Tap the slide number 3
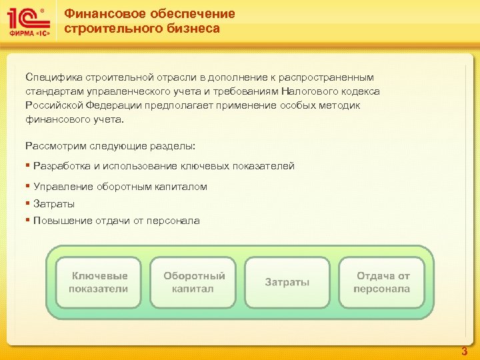click(x=465, y=351)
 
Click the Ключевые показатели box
click(x=100, y=283)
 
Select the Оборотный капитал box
click(x=194, y=283)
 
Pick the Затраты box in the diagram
click(x=287, y=283)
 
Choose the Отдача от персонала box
click(x=382, y=283)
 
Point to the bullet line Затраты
click(x=54, y=204)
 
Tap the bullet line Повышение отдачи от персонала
click(x=116, y=221)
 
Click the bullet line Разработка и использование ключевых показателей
click(x=163, y=166)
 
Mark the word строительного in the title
click(x=107, y=28)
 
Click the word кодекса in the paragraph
click(x=359, y=91)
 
